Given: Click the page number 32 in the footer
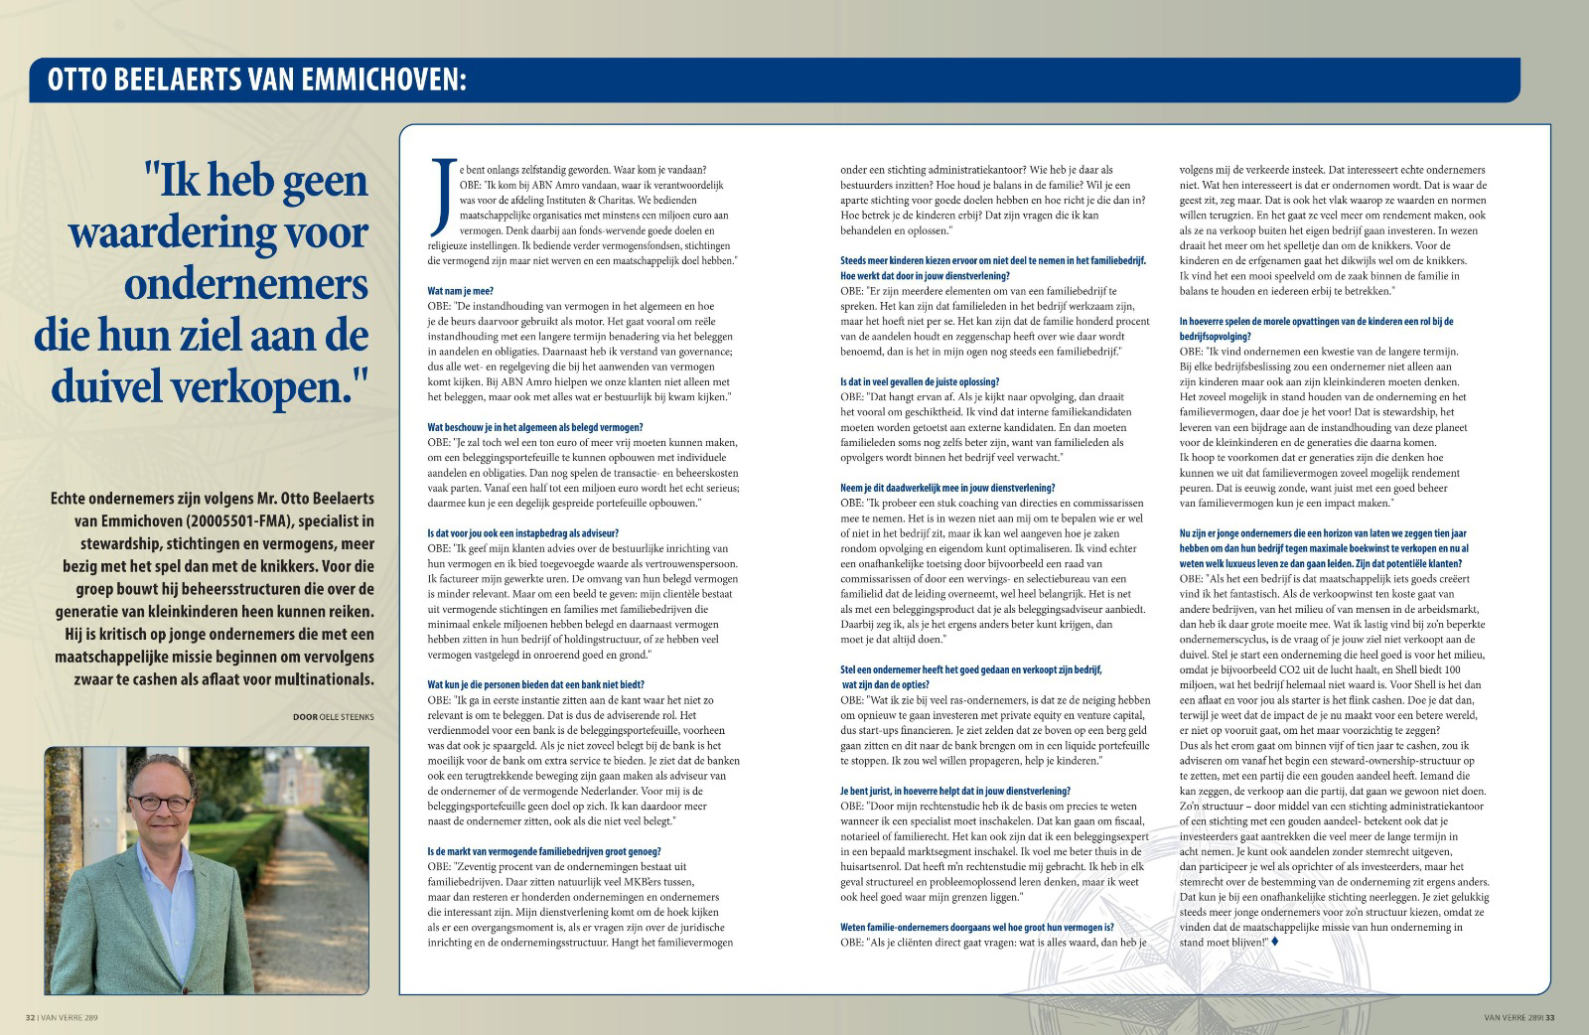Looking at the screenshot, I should [31, 1017].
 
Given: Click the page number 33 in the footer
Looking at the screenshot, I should [1549, 1017].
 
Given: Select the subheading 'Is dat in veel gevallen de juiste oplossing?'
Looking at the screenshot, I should [920, 381].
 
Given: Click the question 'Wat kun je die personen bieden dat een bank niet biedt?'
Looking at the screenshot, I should [535, 685].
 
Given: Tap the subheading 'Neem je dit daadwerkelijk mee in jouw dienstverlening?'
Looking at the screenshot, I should [947, 487].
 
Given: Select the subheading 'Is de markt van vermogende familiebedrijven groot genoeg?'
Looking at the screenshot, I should [543, 851].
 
